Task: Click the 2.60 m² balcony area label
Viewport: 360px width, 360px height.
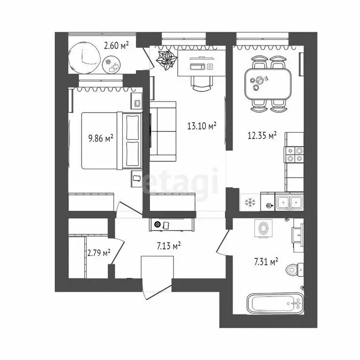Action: [x=116, y=45]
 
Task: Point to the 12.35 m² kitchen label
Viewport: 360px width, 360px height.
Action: [x=262, y=136]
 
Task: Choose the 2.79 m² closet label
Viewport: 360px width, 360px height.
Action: [x=98, y=253]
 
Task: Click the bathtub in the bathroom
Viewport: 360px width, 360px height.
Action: [x=275, y=304]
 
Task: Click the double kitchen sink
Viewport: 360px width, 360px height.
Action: [x=289, y=202]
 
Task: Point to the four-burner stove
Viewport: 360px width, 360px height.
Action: [x=294, y=155]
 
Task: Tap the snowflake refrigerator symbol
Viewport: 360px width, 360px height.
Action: [x=250, y=203]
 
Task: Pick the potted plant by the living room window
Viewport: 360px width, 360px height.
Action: [x=166, y=60]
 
